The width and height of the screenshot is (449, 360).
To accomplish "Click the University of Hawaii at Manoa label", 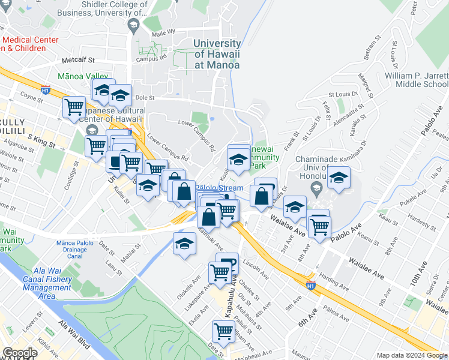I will coord(217,54).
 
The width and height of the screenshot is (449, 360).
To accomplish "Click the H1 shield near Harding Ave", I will coord(310,286).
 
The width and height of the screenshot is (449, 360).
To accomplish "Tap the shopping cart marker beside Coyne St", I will coord(74,107).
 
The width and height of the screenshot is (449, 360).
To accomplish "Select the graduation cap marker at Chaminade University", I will coord(339,178).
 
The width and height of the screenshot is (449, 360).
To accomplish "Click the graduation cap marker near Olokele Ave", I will coord(184,244).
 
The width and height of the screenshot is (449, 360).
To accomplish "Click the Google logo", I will coord(20,353).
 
